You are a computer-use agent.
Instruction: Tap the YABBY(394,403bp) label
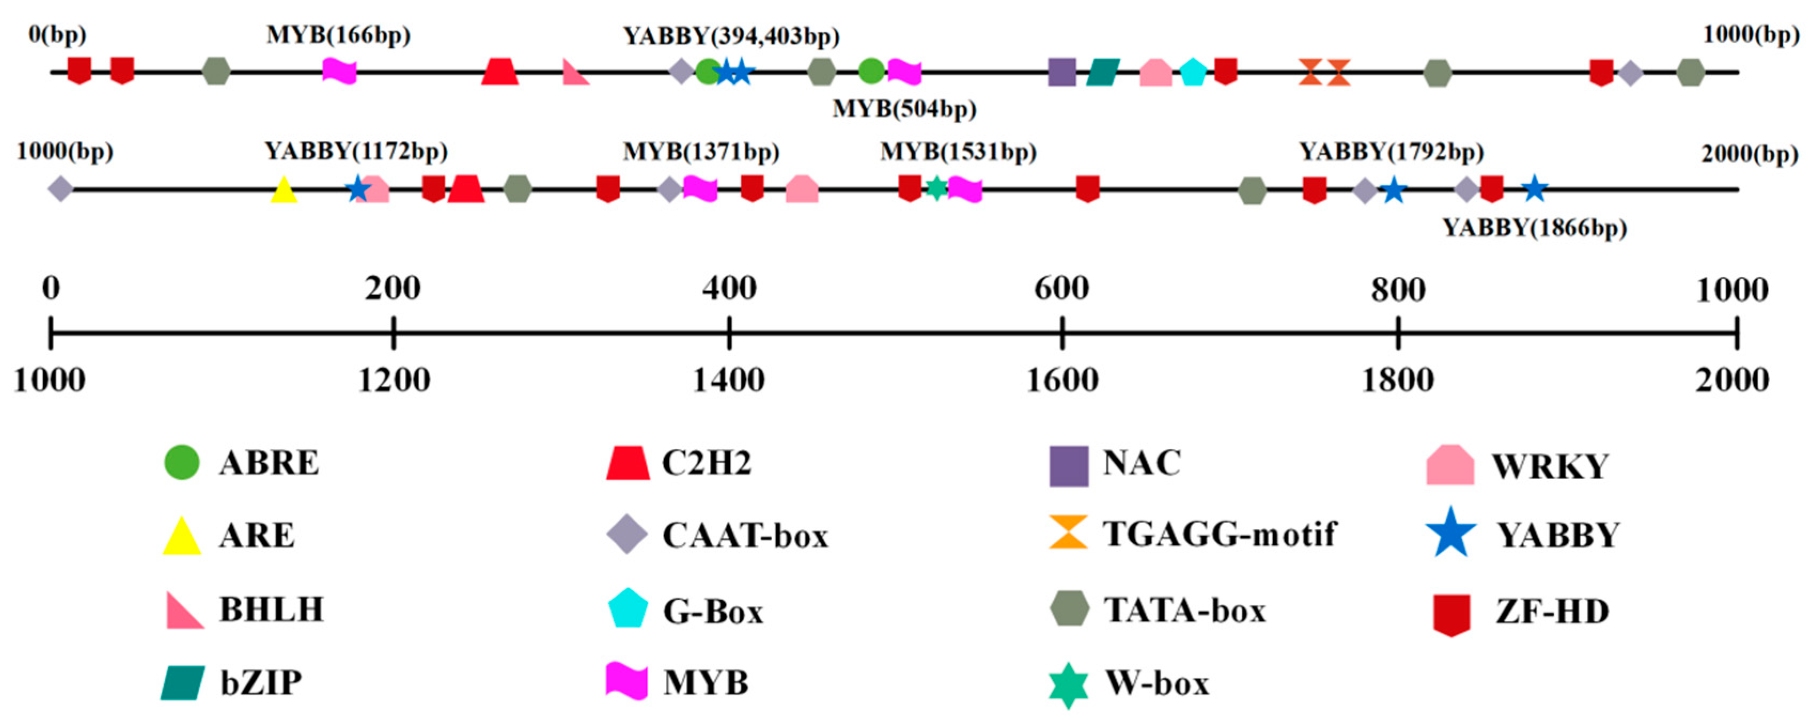point(731,35)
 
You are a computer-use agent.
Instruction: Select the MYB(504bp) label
point(904,109)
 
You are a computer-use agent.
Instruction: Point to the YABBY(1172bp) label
point(356,151)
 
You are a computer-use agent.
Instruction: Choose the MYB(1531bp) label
point(958,152)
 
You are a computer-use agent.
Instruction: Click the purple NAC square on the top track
point(1062,72)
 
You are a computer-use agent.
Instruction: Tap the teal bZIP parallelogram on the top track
point(1102,72)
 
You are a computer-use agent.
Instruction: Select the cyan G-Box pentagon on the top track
point(1193,72)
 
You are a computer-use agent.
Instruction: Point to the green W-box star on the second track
point(936,188)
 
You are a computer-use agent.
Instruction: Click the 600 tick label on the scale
point(1061,288)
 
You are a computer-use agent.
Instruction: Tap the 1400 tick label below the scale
point(728,380)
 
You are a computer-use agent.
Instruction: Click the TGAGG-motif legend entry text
point(1219,534)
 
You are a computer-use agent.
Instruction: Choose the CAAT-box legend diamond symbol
point(626,534)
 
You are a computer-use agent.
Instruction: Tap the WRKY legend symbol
point(1450,465)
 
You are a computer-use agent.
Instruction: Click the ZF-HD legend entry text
point(1552,611)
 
